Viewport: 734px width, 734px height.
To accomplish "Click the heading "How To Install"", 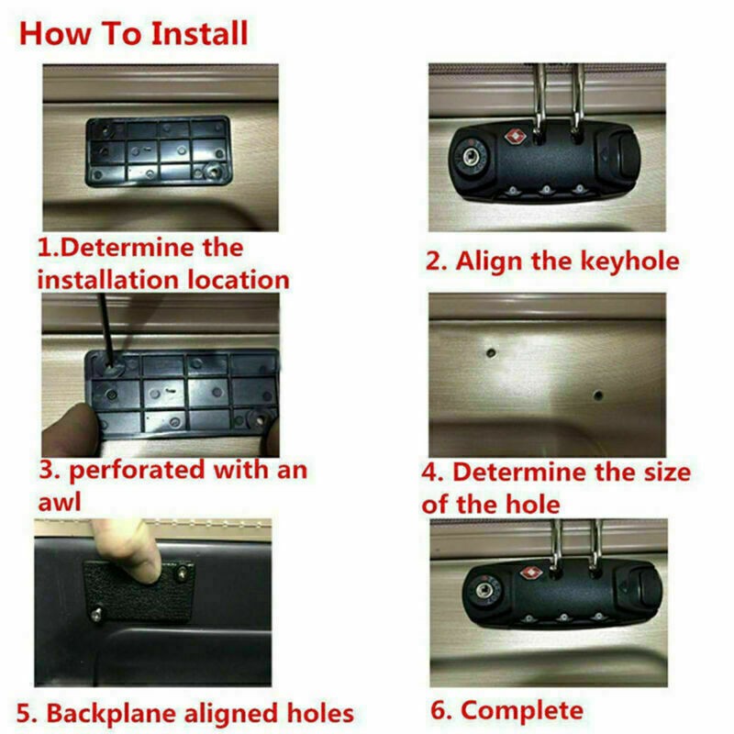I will (x=134, y=34).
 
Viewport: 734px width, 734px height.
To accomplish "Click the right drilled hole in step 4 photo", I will (x=597, y=396).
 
